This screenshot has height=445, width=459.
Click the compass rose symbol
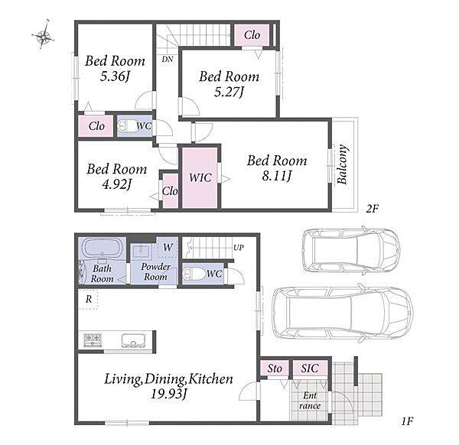point(44,37)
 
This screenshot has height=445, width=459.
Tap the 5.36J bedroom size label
point(115,76)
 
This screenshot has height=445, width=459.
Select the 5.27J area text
point(229,93)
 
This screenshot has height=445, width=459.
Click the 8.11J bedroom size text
point(277,176)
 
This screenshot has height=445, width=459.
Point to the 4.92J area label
point(117,184)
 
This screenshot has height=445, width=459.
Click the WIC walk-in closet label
point(200,177)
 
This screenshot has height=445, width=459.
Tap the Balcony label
point(342,164)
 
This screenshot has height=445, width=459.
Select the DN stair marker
point(168,60)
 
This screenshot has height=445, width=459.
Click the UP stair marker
point(239,248)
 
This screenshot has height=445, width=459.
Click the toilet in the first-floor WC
point(194,274)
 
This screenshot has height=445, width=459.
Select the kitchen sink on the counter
point(133,341)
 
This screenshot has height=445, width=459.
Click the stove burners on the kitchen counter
point(93,340)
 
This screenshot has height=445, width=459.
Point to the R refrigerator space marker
point(89,299)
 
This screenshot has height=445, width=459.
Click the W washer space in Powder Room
point(168,247)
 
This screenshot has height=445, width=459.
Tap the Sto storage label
point(275,369)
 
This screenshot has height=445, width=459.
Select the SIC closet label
point(310,368)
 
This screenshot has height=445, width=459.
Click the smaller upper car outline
point(351,251)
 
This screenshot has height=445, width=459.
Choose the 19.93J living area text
point(169,394)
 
